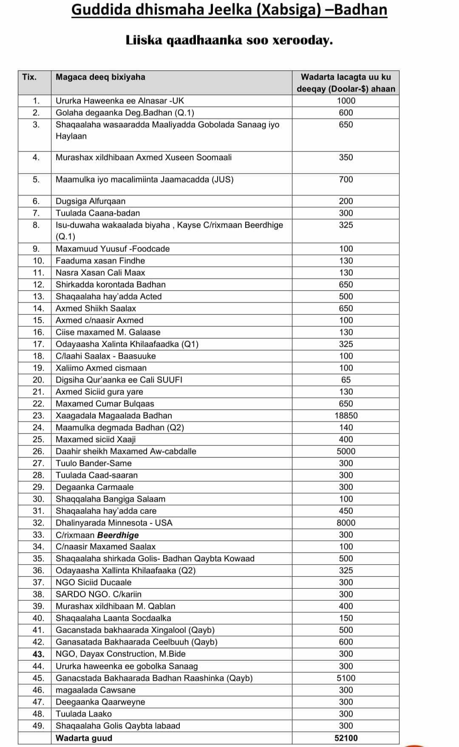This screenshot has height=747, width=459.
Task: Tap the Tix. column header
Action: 29,77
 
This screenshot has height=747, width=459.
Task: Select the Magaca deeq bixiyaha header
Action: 100,77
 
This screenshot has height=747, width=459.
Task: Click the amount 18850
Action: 346,416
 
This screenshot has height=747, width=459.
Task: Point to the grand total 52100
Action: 346,738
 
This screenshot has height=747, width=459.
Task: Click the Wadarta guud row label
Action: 84,738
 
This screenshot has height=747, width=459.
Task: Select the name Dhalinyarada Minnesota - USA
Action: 114,523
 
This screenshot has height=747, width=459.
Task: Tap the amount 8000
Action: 346,523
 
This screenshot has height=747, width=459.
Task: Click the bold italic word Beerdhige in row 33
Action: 118,535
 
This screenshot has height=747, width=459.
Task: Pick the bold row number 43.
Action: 38,654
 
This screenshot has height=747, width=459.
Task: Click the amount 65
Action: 346,380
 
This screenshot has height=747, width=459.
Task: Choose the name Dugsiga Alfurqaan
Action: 91,201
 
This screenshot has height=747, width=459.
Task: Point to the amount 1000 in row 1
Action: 346,101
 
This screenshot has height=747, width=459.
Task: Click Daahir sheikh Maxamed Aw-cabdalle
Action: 126,451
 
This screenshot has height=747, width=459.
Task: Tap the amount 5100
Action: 346,678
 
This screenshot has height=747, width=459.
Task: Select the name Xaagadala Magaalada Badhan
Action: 114,416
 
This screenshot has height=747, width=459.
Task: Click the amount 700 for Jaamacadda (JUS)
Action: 346,180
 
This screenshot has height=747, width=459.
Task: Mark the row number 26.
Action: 38,451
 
